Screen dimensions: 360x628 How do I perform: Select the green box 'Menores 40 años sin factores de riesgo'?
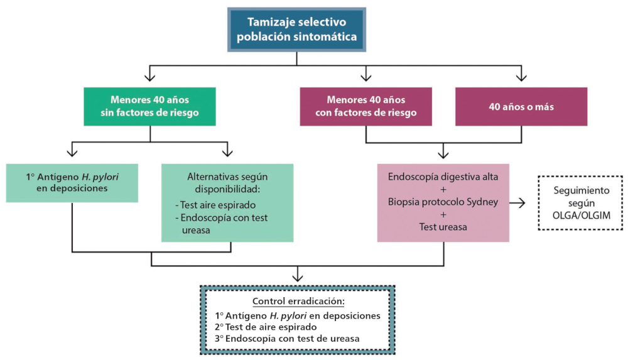150,107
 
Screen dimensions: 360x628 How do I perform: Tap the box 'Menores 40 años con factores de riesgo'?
365,107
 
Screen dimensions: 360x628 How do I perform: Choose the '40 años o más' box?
521,107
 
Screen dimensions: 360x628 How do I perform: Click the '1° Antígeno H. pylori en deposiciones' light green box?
72,182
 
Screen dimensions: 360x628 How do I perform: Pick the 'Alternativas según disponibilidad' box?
227,202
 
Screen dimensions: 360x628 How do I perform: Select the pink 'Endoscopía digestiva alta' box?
443,202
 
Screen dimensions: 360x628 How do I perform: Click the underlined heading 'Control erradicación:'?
298,301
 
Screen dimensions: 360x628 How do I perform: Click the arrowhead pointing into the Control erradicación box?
298,277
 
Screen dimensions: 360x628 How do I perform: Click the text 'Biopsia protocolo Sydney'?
443,202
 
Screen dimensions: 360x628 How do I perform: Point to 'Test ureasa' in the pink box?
443,227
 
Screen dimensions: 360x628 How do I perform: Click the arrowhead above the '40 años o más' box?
521,78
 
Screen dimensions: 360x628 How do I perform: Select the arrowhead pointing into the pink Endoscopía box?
443,155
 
